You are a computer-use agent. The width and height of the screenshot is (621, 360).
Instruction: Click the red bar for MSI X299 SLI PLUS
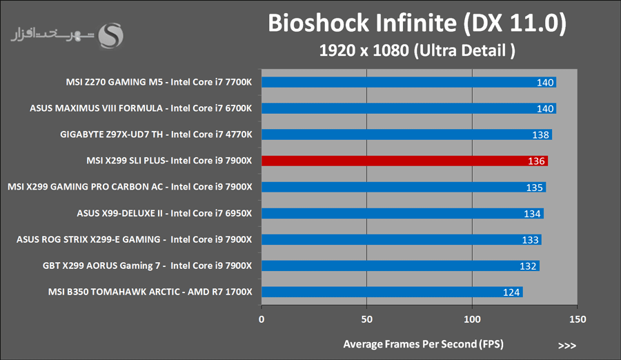404,161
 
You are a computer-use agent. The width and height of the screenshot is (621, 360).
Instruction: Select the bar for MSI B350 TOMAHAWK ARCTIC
391,292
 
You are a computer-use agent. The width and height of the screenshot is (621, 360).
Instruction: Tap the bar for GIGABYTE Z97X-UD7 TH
406,134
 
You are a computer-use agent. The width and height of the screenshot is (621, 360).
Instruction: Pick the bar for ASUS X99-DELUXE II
402,213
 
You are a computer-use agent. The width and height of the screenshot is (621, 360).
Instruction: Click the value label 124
511,292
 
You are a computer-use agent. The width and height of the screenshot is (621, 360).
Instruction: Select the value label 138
541,135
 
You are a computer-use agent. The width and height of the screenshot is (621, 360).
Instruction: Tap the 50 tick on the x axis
367,319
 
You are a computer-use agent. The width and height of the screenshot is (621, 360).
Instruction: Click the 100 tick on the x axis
473,319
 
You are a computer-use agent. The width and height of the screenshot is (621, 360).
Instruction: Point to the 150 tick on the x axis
578,319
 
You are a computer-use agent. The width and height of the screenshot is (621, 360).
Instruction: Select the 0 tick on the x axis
262,319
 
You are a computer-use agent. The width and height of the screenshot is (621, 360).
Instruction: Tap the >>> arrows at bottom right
566,344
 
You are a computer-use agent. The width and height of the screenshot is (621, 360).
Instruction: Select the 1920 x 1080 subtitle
417,50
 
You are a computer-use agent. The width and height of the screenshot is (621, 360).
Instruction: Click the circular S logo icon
112,35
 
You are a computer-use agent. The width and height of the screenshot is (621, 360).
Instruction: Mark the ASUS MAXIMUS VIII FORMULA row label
141,108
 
